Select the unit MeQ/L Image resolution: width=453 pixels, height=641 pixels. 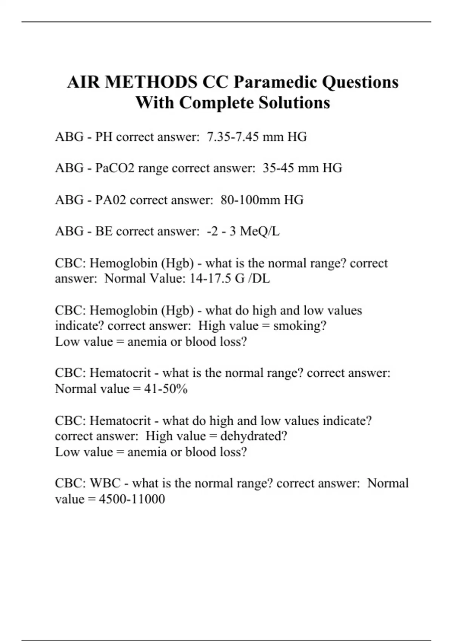(260, 231)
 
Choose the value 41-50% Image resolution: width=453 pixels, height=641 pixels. (166, 389)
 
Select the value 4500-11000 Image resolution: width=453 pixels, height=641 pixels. (132, 499)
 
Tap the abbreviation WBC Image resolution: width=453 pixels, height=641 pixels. (105, 483)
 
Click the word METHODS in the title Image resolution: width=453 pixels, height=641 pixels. (151, 82)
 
